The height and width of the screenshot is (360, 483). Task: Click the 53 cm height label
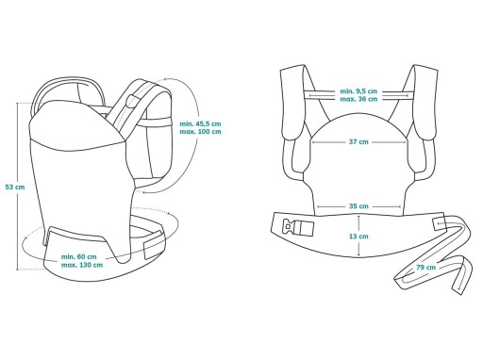click(15, 187)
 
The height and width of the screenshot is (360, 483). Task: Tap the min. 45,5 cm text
click(200, 123)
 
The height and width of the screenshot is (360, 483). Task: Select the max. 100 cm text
click(200, 132)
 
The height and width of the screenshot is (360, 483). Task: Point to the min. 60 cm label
click(79, 256)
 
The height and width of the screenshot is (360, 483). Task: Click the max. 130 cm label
click(82, 265)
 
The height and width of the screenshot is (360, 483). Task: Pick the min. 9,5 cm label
click(358, 91)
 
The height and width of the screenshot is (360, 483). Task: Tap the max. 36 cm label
click(358, 99)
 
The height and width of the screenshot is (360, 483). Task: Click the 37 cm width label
click(358, 141)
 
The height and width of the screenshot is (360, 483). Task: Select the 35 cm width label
click(358, 206)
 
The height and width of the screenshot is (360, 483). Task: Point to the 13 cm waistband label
click(358, 237)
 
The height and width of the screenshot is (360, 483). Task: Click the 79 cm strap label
click(426, 267)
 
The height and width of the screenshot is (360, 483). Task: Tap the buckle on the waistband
click(298, 228)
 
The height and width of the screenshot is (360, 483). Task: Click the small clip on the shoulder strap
click(130, 102)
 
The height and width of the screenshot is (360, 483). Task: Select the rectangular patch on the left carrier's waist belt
click(154, 246)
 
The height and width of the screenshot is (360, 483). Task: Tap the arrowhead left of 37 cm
click(313, 142)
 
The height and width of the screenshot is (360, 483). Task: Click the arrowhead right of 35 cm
click(399, 206)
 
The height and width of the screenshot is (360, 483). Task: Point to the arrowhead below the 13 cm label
click(358, 254)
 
